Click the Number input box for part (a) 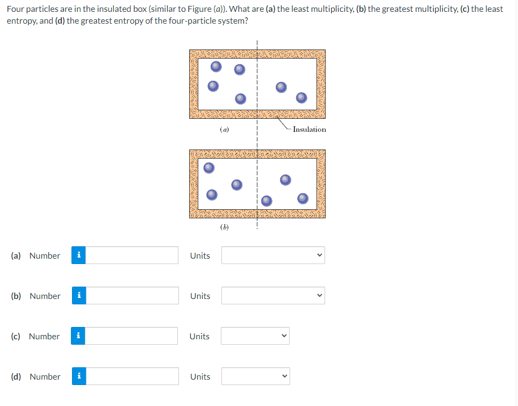coord(132,255)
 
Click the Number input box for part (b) coord(132,296)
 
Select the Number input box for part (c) coord(132,336)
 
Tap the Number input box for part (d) coord(132,376)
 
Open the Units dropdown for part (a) coord(273,255)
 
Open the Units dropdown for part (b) coord(273,296)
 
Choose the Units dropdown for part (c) coord(255,336)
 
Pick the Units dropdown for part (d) coord(255,376)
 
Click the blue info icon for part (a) coord(79,255)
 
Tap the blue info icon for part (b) coord(79,296)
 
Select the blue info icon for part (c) coord(79,336)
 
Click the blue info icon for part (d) coord(79,376)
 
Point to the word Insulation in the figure coord(310,129)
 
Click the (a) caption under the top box coord(225,129)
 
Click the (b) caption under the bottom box coord(225,227)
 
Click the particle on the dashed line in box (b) coord(267,201)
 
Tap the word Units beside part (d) coord(200,376)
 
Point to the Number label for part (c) coord(44,336)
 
